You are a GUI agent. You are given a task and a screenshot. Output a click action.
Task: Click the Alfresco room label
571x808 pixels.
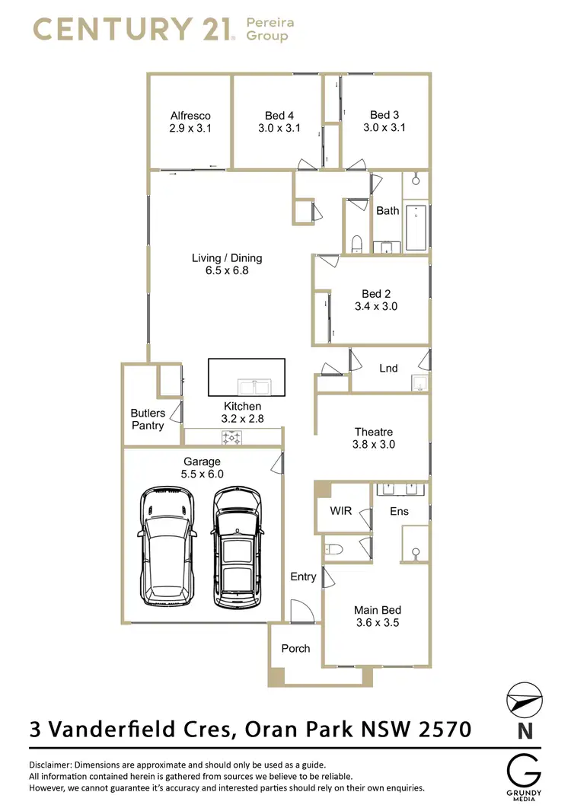tap(190, 116)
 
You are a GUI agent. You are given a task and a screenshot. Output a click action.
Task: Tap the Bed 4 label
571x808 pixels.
tap(279, 116)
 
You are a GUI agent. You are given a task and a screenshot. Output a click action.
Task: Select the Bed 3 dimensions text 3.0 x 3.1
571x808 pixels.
tap(384, 128)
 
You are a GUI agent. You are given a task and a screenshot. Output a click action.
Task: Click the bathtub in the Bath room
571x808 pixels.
tap(416, 227)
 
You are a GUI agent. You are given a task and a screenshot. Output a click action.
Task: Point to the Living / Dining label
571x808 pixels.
tap(227, 258)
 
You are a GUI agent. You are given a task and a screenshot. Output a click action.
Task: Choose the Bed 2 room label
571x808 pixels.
tap(376, 294)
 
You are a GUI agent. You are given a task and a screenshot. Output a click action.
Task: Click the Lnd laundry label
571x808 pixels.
tap(388, 368)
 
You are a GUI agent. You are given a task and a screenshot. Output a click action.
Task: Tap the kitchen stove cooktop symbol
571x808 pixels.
tap(231, 438)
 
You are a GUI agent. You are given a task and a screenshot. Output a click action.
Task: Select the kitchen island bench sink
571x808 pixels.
tap(252, 384)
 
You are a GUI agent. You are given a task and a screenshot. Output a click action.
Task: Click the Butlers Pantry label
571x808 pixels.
tap(148, 419)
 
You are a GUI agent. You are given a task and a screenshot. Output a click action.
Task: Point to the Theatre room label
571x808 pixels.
tap(374, 432)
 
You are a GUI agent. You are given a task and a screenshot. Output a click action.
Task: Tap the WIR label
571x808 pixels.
tap(341, 510)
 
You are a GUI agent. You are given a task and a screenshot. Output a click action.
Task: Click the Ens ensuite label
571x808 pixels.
tap(399, 511)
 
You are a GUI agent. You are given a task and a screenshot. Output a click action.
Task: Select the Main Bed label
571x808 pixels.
tap(377, 610)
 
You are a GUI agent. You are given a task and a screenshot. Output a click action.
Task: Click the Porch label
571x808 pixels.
tap(295, 648)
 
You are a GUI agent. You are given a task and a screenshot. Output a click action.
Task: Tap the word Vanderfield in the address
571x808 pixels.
tap(137, 730)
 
